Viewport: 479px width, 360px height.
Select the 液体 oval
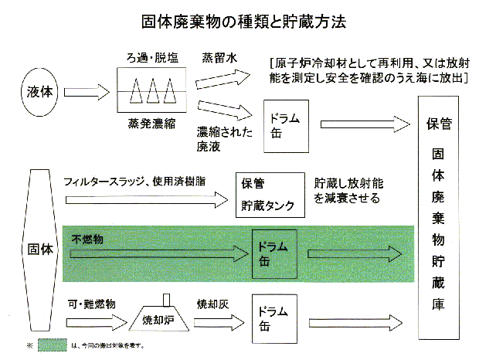pos(36,91)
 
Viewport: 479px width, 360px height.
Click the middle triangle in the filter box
pos(153,92)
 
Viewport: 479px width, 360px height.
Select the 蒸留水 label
pos(219,58)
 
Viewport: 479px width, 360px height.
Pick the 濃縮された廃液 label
pos(224,139)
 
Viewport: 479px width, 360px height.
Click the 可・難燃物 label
pos(92,304)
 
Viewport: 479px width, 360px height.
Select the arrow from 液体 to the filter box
pos(83,91)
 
